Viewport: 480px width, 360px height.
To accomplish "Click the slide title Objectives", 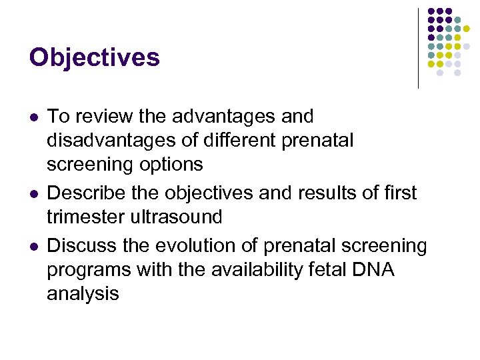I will click(x=94, y=58).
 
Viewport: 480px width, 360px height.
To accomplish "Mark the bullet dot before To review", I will click(x=33, y=117).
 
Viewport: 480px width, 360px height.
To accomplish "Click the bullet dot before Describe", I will click(x=33, y=193).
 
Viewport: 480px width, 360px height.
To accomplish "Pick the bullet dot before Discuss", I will click(x=33, y=246).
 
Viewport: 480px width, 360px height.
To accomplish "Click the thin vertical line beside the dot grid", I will click(x=418, y=48).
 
